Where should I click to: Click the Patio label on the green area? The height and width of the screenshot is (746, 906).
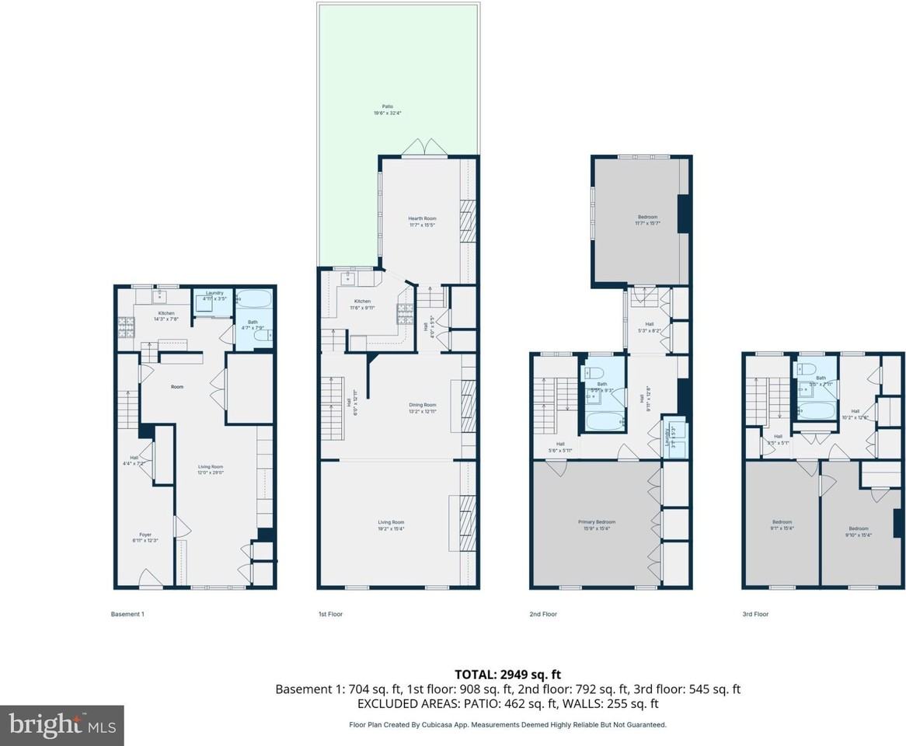[386, 110]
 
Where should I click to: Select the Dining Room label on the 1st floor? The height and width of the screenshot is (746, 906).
[423, 407]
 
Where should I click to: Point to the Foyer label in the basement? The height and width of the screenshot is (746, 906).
[145, 537]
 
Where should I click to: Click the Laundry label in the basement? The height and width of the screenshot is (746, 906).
[214, 295]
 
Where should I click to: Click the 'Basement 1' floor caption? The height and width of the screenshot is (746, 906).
[127, 614]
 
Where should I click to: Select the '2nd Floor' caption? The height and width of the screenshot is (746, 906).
[543, 614]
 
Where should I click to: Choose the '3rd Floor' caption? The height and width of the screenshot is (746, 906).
[754, 614]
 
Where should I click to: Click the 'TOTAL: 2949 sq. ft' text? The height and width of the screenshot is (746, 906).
[507, 674]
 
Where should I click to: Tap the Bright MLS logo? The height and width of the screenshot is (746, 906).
[62, 726]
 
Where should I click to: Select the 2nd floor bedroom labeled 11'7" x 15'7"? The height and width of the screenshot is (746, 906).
[647, 220]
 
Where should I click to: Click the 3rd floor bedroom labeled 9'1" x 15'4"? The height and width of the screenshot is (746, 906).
[782, 525]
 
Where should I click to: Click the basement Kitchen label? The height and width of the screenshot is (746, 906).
[166, 315]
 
